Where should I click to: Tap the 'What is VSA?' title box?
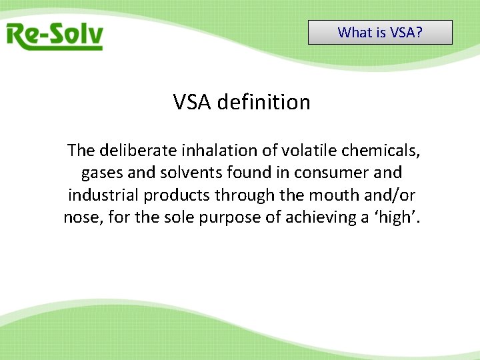380,32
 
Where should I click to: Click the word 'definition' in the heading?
273,102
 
